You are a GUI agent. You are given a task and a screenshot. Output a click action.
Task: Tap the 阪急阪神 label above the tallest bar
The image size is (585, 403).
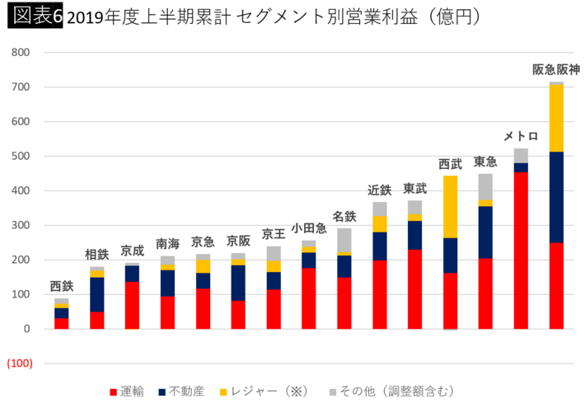(x=556, y=69)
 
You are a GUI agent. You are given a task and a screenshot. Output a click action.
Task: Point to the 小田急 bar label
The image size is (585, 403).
(x=309, y=228)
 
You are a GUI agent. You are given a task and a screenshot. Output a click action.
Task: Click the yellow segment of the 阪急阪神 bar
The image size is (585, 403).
(x=556, y=119)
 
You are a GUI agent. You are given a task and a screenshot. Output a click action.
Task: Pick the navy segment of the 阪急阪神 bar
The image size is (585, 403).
(x=556, y=198)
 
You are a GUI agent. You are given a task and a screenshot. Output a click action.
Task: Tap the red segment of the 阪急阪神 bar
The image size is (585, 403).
(x=556, y=285)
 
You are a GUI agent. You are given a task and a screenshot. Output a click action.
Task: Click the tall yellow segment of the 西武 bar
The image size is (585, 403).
(x=450, y=206)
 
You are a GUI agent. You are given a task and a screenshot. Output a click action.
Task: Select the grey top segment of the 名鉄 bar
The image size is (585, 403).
(x=344, y=238)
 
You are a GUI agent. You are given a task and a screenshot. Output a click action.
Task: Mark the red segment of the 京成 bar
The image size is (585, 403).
(x=132, y=305)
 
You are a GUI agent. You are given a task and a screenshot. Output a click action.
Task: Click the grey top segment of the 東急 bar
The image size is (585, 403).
(x=485, y=186)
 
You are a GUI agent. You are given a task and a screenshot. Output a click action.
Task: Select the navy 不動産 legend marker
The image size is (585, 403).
(x=162, y=390)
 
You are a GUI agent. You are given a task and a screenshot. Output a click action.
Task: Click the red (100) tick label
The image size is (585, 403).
(x=20, y=363)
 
